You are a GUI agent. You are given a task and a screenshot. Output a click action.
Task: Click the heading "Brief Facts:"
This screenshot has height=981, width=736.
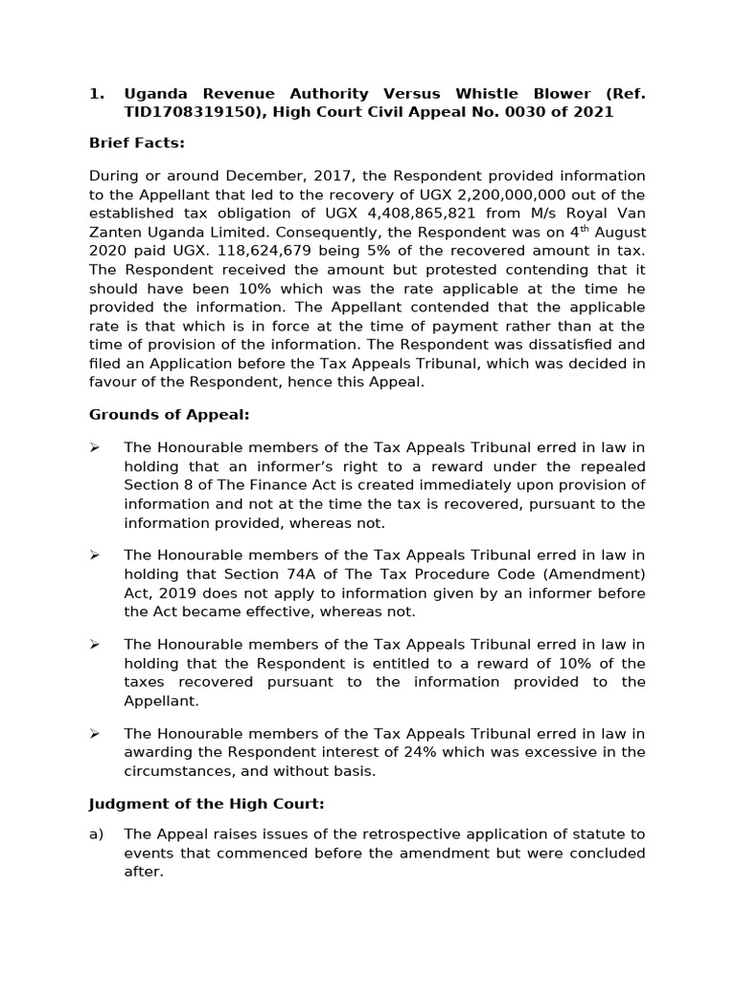(136, 144)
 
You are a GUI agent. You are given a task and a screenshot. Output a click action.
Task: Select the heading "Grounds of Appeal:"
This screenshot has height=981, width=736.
(169, 415)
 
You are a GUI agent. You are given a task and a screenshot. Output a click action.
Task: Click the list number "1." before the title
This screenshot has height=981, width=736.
(96, 94)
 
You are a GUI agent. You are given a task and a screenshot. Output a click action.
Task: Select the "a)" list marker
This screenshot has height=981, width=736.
(96, 833)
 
